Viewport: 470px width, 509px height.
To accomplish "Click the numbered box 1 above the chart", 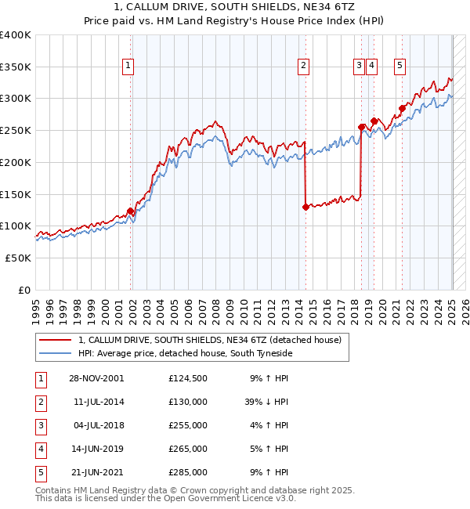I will (128, 67).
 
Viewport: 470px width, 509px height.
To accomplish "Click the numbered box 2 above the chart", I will (302, 67).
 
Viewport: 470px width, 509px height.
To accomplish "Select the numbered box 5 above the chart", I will (399, 67).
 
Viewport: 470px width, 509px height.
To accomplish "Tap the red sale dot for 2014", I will (305, 207).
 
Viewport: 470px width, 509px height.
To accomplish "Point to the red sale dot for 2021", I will (402, 108).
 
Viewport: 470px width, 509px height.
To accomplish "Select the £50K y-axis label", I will (19, 258).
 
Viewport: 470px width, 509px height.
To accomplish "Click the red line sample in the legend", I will (53, 341).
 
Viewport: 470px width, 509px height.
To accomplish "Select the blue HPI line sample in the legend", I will (53, 354).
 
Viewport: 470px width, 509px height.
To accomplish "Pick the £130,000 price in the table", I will (188, 402).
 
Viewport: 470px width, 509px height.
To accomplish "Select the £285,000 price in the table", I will (188, 472).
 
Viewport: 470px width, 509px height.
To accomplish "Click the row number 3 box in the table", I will (40, 425).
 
